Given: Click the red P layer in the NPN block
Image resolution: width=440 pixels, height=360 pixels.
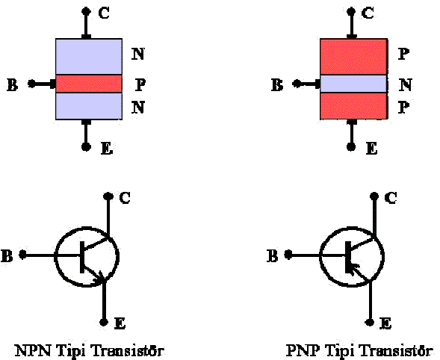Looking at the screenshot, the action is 89,84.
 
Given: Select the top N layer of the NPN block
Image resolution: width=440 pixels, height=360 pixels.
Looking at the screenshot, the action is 89,57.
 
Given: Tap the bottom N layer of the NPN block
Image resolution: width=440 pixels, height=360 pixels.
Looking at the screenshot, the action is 89,106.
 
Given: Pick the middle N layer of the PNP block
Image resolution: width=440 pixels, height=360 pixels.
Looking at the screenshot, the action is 353,84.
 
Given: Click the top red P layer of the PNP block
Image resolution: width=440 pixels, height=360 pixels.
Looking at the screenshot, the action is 353,57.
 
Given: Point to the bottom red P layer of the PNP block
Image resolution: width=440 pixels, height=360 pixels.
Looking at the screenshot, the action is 353,106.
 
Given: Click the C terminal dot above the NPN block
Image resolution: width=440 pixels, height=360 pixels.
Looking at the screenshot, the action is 86,11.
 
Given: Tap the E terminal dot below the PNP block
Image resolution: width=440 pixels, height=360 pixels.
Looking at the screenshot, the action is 351,146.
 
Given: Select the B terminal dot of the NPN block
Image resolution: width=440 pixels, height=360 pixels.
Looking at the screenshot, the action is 31,84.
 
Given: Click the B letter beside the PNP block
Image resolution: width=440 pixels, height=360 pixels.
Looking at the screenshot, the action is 277,85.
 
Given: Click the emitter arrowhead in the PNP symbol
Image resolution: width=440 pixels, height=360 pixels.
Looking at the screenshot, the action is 353,269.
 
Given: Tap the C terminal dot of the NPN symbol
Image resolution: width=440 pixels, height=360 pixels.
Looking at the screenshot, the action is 108,196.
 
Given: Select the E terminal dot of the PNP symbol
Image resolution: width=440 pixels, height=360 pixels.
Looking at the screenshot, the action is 370,322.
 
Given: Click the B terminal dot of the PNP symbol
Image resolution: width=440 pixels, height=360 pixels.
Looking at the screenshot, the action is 288,255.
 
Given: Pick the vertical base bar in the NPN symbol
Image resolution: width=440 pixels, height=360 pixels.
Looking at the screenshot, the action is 82,257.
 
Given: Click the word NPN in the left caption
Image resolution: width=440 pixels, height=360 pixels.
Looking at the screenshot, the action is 33,350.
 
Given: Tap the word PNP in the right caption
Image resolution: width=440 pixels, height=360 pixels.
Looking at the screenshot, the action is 303,350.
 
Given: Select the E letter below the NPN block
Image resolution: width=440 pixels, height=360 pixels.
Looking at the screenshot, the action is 107,149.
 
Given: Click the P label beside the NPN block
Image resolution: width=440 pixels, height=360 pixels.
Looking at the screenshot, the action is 140,84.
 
